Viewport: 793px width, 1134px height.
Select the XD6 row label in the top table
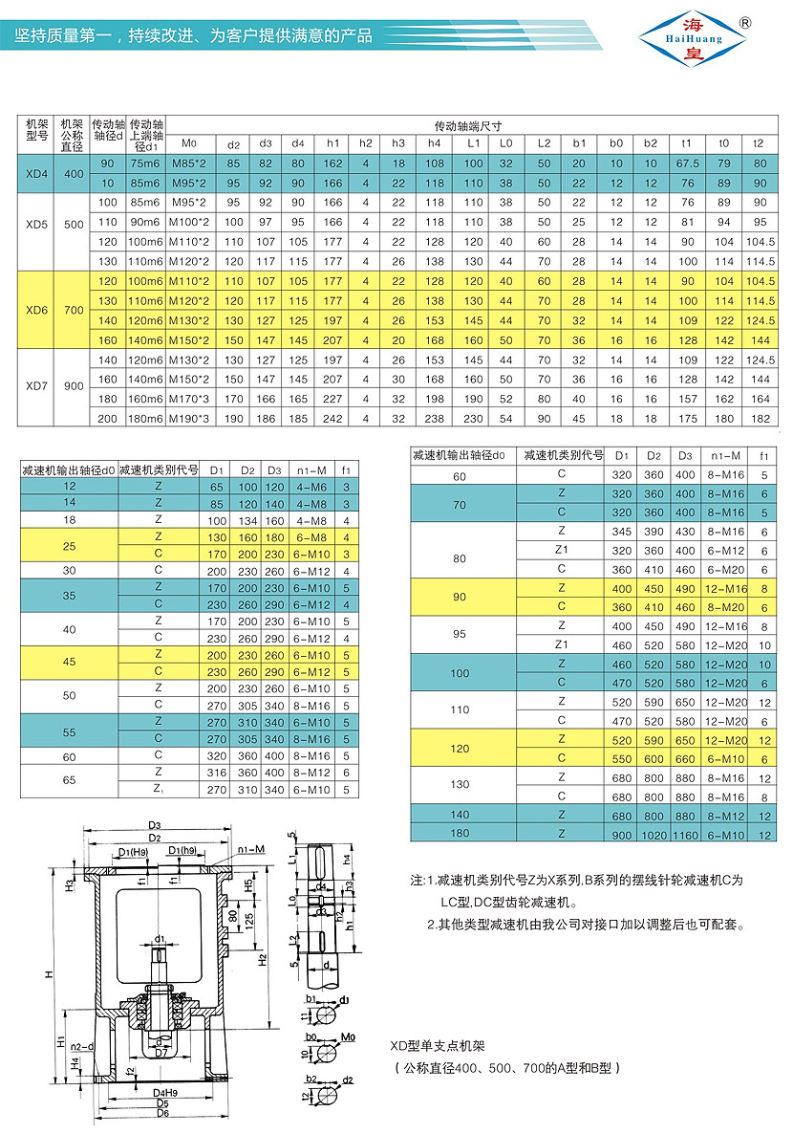[x=35, y=311]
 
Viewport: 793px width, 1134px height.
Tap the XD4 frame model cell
[x=35, y=172]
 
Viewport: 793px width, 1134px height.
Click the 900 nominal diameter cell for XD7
[x=73, y=385]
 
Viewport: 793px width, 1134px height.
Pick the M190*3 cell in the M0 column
[x=189, y=418]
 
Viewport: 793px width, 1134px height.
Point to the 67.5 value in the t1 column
[x=687, y=164]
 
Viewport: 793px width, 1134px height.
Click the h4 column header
[x=435, y=143]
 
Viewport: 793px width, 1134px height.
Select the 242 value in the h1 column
[x=333, y=418]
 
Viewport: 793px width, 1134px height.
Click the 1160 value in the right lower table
[x=684, y=835]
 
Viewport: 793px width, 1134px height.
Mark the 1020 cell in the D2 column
[x=654, y=835]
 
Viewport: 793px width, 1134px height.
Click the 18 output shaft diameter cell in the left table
[x=68, y=519]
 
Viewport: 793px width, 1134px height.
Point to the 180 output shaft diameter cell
[x=460, y=835]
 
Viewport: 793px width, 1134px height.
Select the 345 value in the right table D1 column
[x=623, y=531]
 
